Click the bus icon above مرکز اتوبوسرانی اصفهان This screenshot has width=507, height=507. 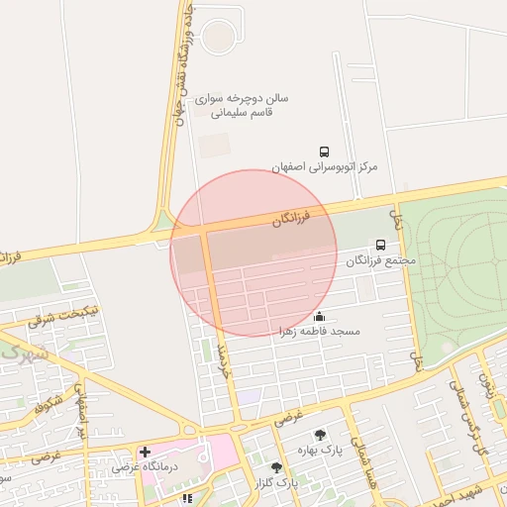pos(325,152)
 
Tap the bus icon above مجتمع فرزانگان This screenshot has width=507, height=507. pos(381,245)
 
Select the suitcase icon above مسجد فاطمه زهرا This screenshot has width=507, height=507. pos(319,316)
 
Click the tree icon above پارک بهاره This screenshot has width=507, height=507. pos(320,435)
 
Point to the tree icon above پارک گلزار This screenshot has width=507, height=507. pos(276,467)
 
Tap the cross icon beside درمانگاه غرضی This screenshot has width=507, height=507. pos(146,452)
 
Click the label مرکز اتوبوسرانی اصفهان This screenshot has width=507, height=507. pos(326,167)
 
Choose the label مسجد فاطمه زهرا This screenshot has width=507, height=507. pos(318,331)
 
